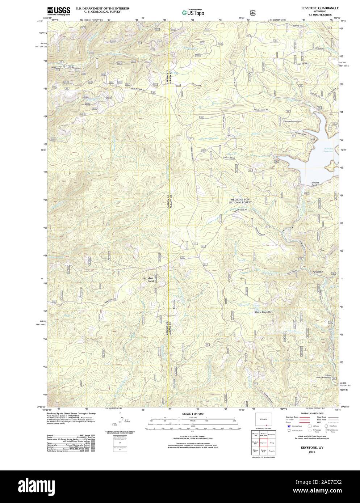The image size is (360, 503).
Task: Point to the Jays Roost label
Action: coord(151,279)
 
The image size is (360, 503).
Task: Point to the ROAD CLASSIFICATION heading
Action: coord(310,413)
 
